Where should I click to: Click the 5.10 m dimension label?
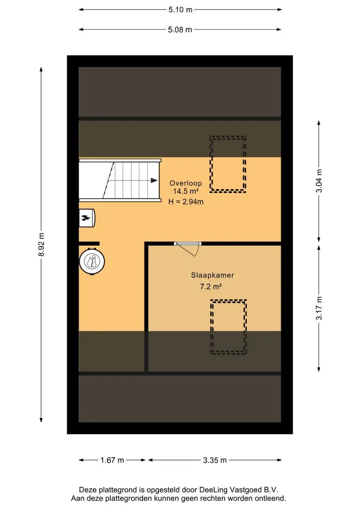(x=180, y=10)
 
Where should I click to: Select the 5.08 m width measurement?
(x=180, y=30)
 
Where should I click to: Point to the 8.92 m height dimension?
(x=41, y=245)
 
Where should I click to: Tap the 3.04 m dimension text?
(x=319, y=181)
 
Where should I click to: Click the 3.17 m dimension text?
(x=319, y=308)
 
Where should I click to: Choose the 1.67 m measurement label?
(x=112, y=460)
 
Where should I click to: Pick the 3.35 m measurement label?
(x=215, y=460)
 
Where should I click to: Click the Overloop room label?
(x=186, y=183)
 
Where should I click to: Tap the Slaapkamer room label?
(x=213, y=275)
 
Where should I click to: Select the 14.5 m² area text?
(x=186, y=191)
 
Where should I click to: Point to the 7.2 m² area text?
(x=211, y=287)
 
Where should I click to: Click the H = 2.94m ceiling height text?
(x=186, y=202)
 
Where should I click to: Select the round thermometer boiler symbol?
(x=92, y=261)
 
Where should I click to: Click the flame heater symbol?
(x=87, y=217)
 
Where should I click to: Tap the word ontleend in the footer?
(x=271, y=498)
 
